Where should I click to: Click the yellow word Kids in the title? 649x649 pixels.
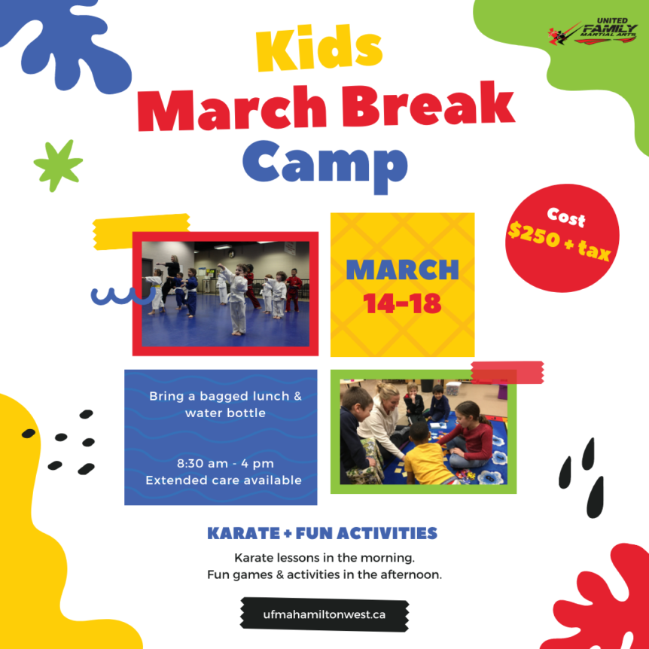[x=318, y=47]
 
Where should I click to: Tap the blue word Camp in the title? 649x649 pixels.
[x=325, y=166]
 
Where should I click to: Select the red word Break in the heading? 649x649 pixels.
[x=428, y=105]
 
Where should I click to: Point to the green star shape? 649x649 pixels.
[x=58, y=165]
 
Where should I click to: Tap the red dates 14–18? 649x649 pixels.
[x=402, y=303]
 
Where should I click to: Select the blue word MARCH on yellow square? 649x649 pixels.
[x=402, y=270]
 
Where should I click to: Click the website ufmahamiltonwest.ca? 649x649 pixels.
[x=324, y=614]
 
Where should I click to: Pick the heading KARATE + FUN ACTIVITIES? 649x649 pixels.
[x=322, y=533]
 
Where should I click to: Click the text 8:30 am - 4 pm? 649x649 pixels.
[x=225, y=464]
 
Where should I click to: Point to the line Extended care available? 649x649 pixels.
[x=224, y=480]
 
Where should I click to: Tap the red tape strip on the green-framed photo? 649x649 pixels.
[x=507, y=372]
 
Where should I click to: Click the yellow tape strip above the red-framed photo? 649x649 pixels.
[x=141, y=231]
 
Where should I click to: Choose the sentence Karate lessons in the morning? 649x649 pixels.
[x=324, y=558]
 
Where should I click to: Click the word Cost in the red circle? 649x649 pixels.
[x=566, y=218]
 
